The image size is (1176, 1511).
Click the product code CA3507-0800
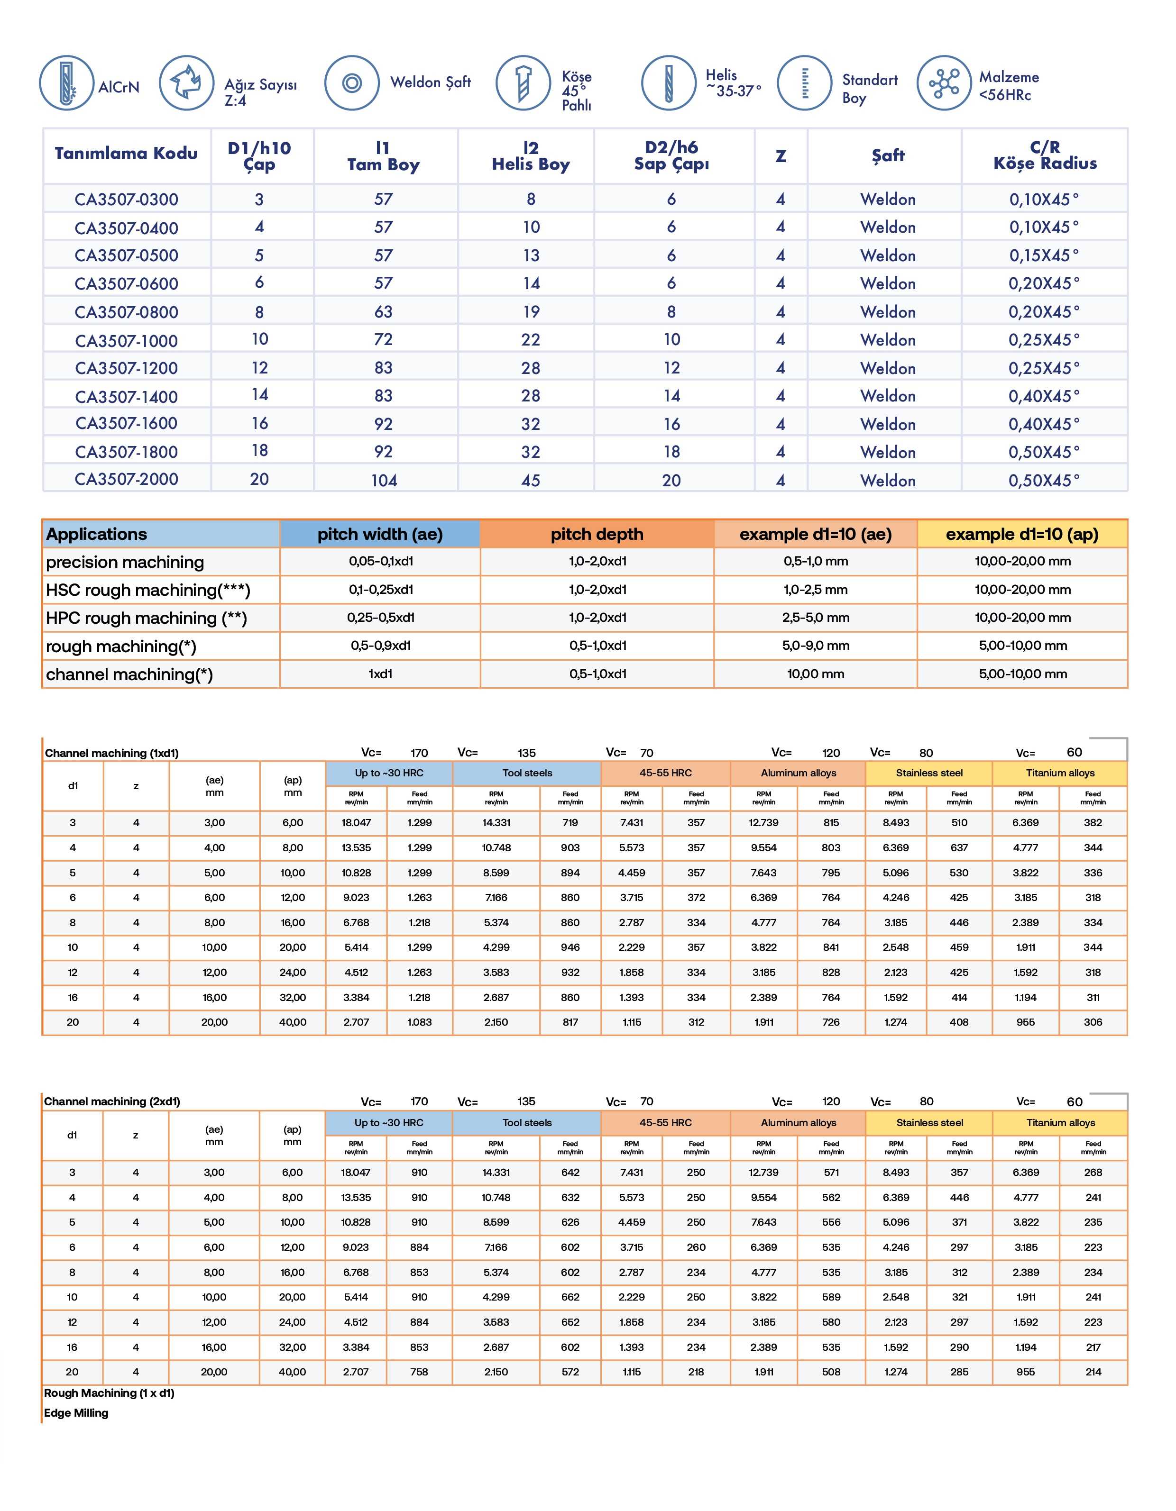pos(126,312)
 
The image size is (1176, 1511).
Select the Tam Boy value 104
pos(384,480)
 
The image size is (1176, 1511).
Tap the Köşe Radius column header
pos(1045,155)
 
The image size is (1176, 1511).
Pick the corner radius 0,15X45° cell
pos(1044,255)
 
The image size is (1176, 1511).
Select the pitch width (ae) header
pos(379,534)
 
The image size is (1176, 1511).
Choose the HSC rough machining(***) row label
pos(148,590)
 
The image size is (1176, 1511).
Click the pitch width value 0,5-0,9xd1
pos(380,646)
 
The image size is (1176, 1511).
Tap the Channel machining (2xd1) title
pos(111,1101)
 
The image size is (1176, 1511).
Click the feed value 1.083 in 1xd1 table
pos(420,1022)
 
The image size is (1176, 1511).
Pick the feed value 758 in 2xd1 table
pos(420,1372)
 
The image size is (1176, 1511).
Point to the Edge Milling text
pos(76,1413)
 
